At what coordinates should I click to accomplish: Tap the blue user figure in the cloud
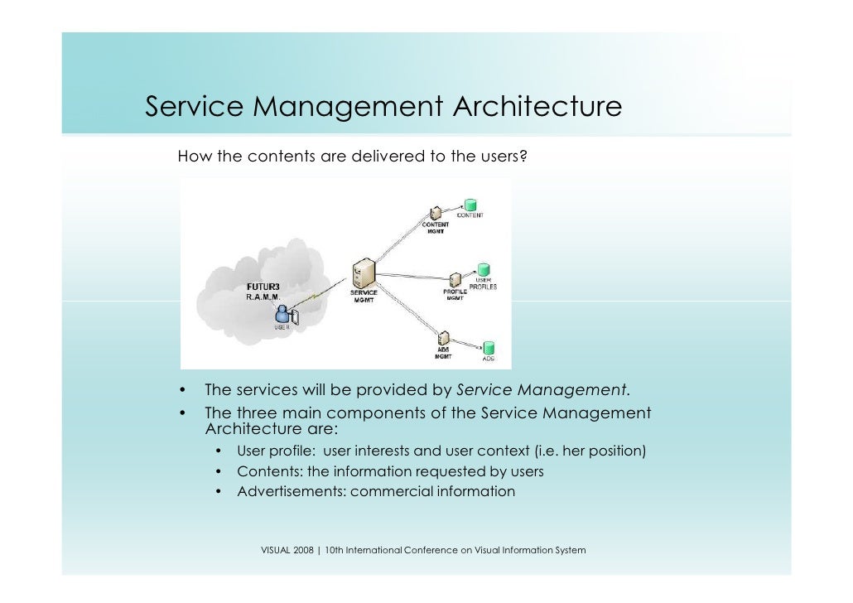click(282, 314)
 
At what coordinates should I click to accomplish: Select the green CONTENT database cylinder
click(470, 205)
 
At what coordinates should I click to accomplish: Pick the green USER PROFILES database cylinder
click(483, 271)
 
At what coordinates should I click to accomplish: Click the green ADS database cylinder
click(489, 348)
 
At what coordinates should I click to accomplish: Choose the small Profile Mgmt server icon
click(455, 279)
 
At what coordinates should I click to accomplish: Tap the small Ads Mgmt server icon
click(443, 339)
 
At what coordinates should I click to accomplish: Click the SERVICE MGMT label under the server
click(364, 296)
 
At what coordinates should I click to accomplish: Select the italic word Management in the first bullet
click(571, 389)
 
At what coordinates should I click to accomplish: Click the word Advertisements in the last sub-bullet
click(291, 491)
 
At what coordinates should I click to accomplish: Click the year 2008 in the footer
click(303, 550)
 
